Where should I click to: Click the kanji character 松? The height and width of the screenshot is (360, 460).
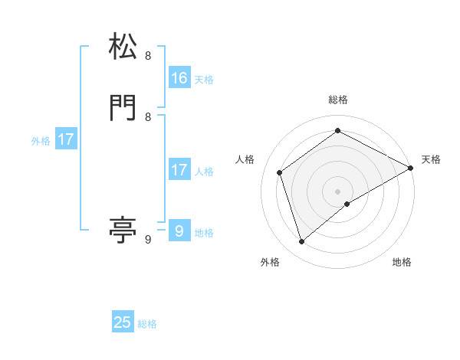point(123,47)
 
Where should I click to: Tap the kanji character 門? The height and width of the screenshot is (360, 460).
point(123,108)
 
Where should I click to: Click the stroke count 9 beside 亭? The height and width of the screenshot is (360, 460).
point(148,240)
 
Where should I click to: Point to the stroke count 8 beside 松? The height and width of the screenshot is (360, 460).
point(148,56)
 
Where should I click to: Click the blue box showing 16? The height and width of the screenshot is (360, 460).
point(179,78)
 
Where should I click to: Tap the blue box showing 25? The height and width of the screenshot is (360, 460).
point(123,322)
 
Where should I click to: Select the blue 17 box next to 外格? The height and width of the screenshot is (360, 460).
point(66,139)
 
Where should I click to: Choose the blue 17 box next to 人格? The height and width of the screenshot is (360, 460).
point(179,170)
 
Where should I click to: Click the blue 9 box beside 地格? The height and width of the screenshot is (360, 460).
point(179,231)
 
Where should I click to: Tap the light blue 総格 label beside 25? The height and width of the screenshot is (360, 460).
point(147,324)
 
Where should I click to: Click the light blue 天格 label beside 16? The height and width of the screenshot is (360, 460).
point(204,80)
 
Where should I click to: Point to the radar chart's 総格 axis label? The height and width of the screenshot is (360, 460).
point(337,100)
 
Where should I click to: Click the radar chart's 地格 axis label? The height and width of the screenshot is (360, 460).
point(402,262)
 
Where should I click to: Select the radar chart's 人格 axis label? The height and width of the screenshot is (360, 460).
point(245,159)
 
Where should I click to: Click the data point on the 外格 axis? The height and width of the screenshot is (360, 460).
point(301,242)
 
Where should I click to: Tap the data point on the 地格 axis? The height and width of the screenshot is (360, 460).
point(347,204)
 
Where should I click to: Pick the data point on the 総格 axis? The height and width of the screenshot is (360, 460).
point(337,130)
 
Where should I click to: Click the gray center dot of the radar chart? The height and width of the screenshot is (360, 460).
point(337,191)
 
